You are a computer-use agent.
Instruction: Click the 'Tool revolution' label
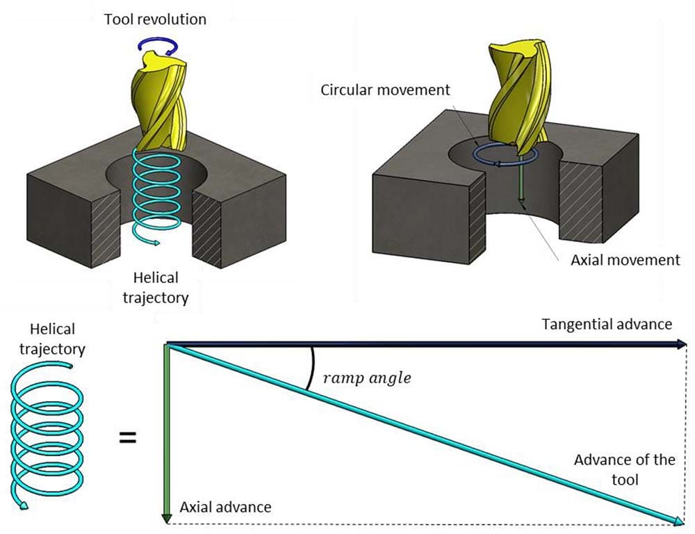tap(155, 19)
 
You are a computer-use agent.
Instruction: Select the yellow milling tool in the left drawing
tap(160, 104)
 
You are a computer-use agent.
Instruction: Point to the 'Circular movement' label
tap(385, 90)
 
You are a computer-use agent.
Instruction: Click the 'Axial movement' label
tap(625, 260)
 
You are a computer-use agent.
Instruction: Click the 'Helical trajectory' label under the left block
tap(157, 287)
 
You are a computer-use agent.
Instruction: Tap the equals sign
tap(127, 438)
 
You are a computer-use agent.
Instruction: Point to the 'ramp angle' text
tap(367, 378)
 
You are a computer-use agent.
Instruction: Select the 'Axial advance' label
tap(225, 507)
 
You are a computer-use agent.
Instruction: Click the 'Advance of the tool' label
tap(624, 469)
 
